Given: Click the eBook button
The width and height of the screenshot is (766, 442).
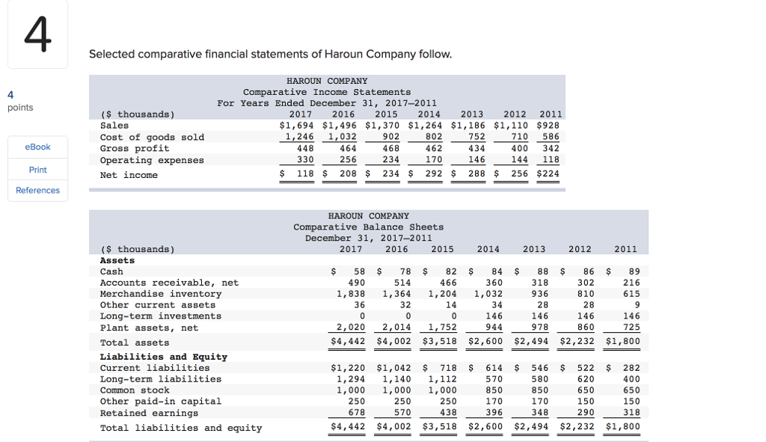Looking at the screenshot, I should tap(37, 147).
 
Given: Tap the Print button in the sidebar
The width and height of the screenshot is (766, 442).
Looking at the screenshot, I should tap(37, 170).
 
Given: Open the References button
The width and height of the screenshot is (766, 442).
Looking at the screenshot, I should tap(37, 191).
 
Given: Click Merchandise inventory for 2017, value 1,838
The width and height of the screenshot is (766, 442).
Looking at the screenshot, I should tap(350, 294).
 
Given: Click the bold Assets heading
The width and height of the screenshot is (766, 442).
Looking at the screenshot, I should tap(117, 260).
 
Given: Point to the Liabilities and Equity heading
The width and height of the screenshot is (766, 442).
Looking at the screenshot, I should tap(163, 357).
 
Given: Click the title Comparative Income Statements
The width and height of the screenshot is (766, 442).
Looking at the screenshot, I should tap(327, 92).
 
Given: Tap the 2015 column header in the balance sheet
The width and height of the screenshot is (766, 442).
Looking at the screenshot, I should tap(442, 249).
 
